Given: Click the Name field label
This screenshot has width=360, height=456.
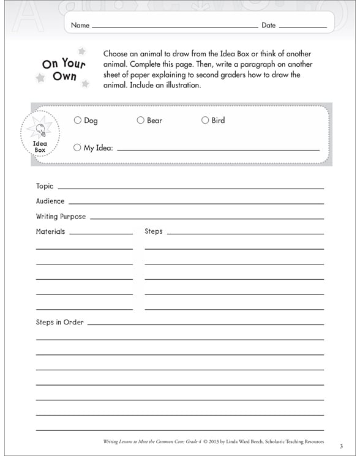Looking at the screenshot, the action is (x=80, y=26).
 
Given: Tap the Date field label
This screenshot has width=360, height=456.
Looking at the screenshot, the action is (x=269, y=26).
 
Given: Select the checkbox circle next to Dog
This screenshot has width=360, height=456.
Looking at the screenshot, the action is (x=78, y=121).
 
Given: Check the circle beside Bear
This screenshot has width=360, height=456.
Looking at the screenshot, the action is (x=140, y=121).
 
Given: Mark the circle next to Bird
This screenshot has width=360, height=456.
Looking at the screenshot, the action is (x=205, y=121).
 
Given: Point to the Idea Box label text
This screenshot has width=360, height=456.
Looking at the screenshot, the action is (x=40, y=147).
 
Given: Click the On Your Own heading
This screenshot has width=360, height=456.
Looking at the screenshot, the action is (x=64, y=70).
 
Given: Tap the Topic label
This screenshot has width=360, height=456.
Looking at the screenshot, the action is (x=45, y=186).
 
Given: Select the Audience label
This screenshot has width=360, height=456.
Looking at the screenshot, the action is (x=50, y=201).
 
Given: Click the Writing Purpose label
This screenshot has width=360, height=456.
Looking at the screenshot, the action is (x=61, y=217).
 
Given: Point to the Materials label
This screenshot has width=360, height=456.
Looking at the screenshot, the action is (x=50, y=232).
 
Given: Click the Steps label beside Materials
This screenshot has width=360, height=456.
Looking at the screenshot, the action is (x=154, y=232).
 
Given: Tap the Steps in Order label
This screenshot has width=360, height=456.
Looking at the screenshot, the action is (x=60, y=323).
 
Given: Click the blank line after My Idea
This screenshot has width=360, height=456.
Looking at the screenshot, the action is (x=217, y=149).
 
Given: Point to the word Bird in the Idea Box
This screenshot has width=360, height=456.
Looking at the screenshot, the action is (x=218, y=121).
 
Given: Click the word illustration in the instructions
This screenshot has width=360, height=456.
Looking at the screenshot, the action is (x=181, y=86).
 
